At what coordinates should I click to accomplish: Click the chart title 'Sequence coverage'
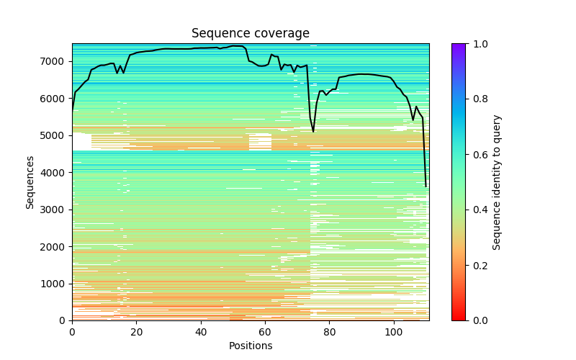click(x=251, y=34)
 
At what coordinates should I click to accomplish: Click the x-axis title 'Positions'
click(x=251, y=346)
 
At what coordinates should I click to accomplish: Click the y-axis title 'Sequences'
click(x=30, y=182)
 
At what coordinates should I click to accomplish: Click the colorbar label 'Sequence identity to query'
click(x=497, y=182)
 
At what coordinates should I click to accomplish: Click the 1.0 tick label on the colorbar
click(x=477, y=44)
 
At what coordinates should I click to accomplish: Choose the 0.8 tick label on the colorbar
click(x=477, y=99)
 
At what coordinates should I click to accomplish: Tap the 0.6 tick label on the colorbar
click(x=477, y=155)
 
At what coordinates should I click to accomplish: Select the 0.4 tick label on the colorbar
click(x=477, y=210)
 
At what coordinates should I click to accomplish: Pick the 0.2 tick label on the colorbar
click(x=477, y=266)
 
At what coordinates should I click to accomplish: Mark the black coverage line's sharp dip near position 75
click(x=313, y=132)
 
